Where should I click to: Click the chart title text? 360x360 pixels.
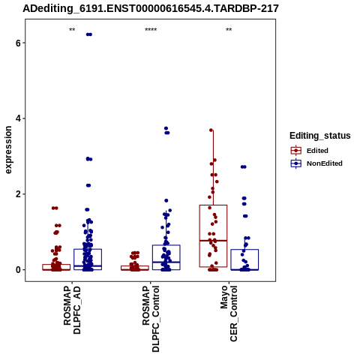click(x=151, y=8)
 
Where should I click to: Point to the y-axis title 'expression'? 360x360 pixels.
click(x=8, y=150)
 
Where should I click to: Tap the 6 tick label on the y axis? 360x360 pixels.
click(x=18, y=43)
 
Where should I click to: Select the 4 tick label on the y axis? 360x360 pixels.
click(x=18, y=118)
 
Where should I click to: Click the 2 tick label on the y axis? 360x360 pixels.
click(x=18, y=194)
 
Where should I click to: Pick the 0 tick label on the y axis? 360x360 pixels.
click(x=18, y=270)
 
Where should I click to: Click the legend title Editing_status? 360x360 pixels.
click(x=320, y=136)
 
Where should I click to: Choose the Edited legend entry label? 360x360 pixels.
click(x=317, y=151)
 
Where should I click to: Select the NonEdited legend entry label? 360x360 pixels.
click(x=325, y=163)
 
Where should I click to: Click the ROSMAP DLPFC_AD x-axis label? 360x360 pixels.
click(x=72, y=310)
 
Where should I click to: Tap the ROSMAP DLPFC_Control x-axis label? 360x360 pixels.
click(x=151, y=319)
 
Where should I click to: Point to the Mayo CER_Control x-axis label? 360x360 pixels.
click(x=229, y=313)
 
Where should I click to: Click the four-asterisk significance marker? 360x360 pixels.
click(x=151, y=30)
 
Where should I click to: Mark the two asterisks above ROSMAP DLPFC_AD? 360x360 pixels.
click(x=72, y=30)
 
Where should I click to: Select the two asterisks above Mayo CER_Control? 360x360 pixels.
click(x=229, y=30)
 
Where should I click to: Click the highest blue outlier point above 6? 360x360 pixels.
click(x=89, y=34)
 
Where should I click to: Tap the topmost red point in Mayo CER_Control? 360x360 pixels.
click(x=211, y=130)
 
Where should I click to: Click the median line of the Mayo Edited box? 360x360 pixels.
click(x=213, y=241)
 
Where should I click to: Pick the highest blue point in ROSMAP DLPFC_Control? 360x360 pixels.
click(x=166, y=128)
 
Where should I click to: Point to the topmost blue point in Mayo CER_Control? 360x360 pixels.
click(x=244, y=166)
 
